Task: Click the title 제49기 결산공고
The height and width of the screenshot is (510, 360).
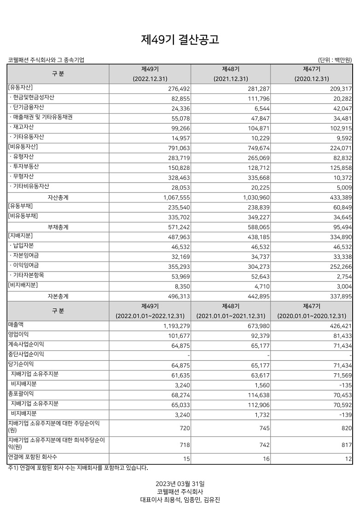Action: tap(180, 40)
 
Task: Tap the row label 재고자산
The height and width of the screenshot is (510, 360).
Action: tap(23, 127)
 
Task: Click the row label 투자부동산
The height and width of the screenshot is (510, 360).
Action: tap(26, 167)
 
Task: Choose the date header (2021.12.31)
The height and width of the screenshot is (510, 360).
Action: tap(231, 79)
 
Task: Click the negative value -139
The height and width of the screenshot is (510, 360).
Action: tap(344, 416)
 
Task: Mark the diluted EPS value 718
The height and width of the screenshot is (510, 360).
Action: tap(185, 445)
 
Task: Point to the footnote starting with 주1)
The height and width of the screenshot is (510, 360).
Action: tap(78, 468)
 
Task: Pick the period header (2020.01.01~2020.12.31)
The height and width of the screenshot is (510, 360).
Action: tap(311, 316)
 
